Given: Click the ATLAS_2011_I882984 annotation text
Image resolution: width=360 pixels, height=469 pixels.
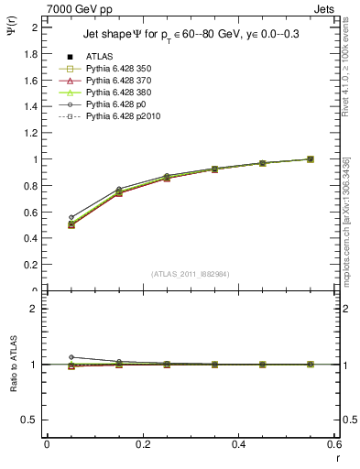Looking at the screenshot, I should click(x=191, y=274).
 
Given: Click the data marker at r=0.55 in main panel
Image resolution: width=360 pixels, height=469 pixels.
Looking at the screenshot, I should click(x=311, y=159).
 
